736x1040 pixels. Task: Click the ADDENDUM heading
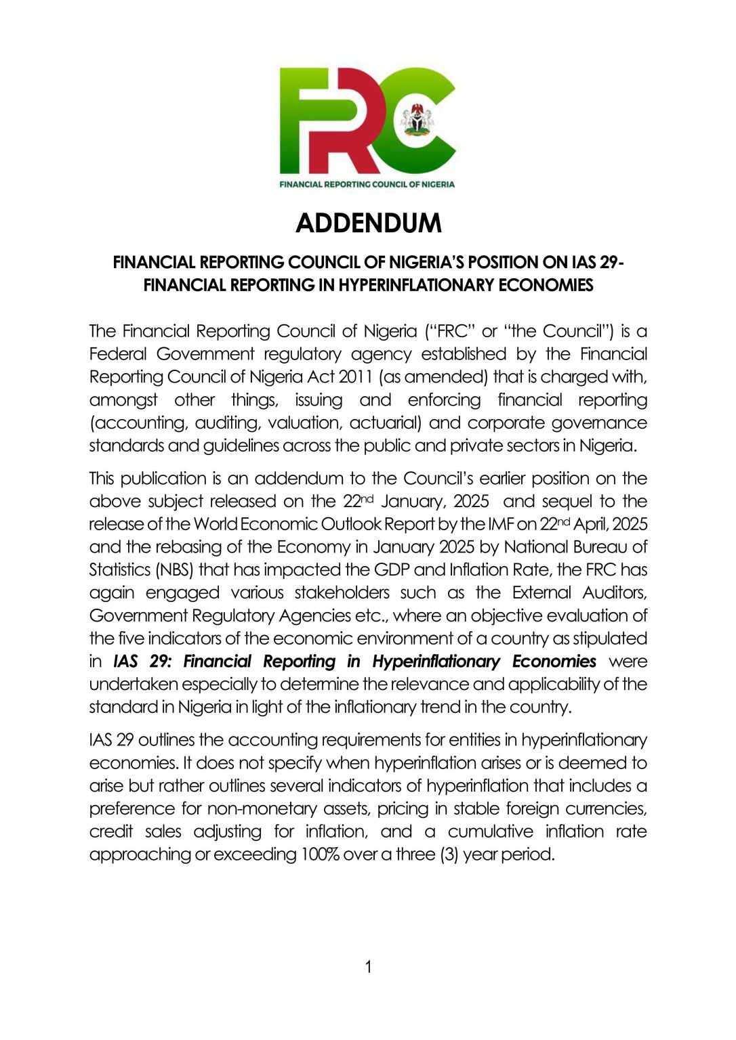click(x=368, y=223)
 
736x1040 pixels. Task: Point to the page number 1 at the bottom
click(x=368, y=967)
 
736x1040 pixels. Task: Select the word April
click(x=591, y=524)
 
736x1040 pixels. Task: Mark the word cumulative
click(x=489, y=831)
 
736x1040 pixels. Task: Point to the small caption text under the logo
click(x=367, y=184)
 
